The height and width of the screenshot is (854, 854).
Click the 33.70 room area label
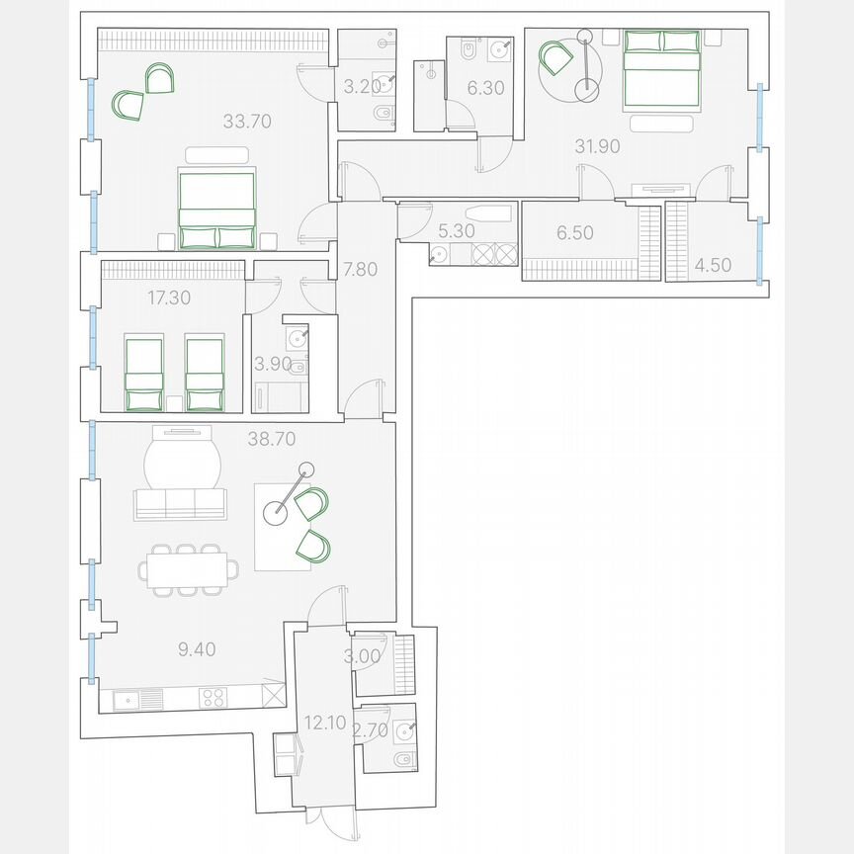click(x=247, y=123)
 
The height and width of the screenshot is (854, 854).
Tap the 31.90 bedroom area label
click(x=597, y=146)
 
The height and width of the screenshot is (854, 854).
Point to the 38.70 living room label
click(x=272, y=438)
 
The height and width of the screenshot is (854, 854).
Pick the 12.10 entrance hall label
click(x=325, y=723)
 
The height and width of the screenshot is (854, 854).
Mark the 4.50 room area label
click(x=714, y=264)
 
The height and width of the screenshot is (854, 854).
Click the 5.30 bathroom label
click(x=457, y=232)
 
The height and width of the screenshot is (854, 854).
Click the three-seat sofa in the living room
click(x=179, y=503)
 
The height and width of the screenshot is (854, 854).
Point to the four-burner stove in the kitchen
click(x=213, y=698)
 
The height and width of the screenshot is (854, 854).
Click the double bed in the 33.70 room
click(x=216, y=208)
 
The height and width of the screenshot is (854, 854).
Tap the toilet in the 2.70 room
click(x=402, y=760)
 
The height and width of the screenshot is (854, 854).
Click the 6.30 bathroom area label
click(x=485, y=88)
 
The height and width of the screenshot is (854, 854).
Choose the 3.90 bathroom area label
click(x=273, y=364)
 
